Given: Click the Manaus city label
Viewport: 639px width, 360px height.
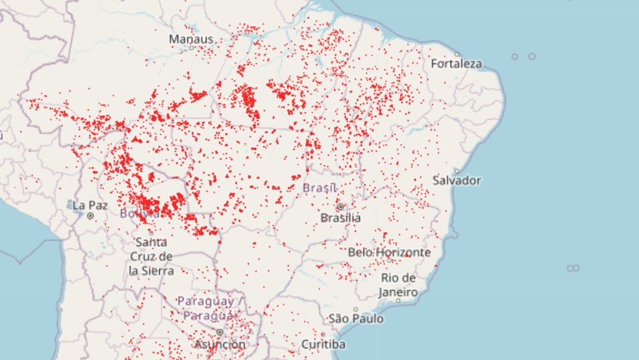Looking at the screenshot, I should click(191, 39).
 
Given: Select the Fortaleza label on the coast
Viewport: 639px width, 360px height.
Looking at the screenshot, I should click(457, 64).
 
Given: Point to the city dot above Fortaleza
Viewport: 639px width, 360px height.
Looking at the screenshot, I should click(457, 54).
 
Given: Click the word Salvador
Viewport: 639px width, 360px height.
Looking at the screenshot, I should click(458, 180).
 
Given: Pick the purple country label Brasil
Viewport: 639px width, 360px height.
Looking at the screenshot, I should click(319, 188).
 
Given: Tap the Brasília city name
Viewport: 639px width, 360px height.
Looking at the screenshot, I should click(341, 218).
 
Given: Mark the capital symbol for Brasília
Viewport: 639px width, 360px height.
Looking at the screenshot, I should click(340, 207).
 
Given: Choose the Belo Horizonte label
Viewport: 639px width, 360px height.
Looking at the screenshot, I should click(389, 251).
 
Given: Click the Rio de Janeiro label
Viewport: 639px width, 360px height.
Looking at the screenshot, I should click(398, 285).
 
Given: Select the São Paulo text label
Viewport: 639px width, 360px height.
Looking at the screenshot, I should click(356, 319).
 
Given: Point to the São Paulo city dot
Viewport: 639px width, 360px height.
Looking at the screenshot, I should click(355, 309).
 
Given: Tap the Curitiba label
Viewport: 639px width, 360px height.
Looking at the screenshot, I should click(324, 344).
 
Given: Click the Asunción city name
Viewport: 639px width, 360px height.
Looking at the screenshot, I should click(220, 344).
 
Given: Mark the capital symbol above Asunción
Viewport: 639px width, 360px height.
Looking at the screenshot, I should click(219, 332).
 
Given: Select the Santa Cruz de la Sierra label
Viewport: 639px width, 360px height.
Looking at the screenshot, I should click(151, 256).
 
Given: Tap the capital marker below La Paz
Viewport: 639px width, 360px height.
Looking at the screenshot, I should click(91, 215).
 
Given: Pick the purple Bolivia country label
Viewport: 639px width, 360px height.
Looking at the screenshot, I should click(139, 213).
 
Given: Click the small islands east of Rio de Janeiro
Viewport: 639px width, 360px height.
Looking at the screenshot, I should click(572, 268).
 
